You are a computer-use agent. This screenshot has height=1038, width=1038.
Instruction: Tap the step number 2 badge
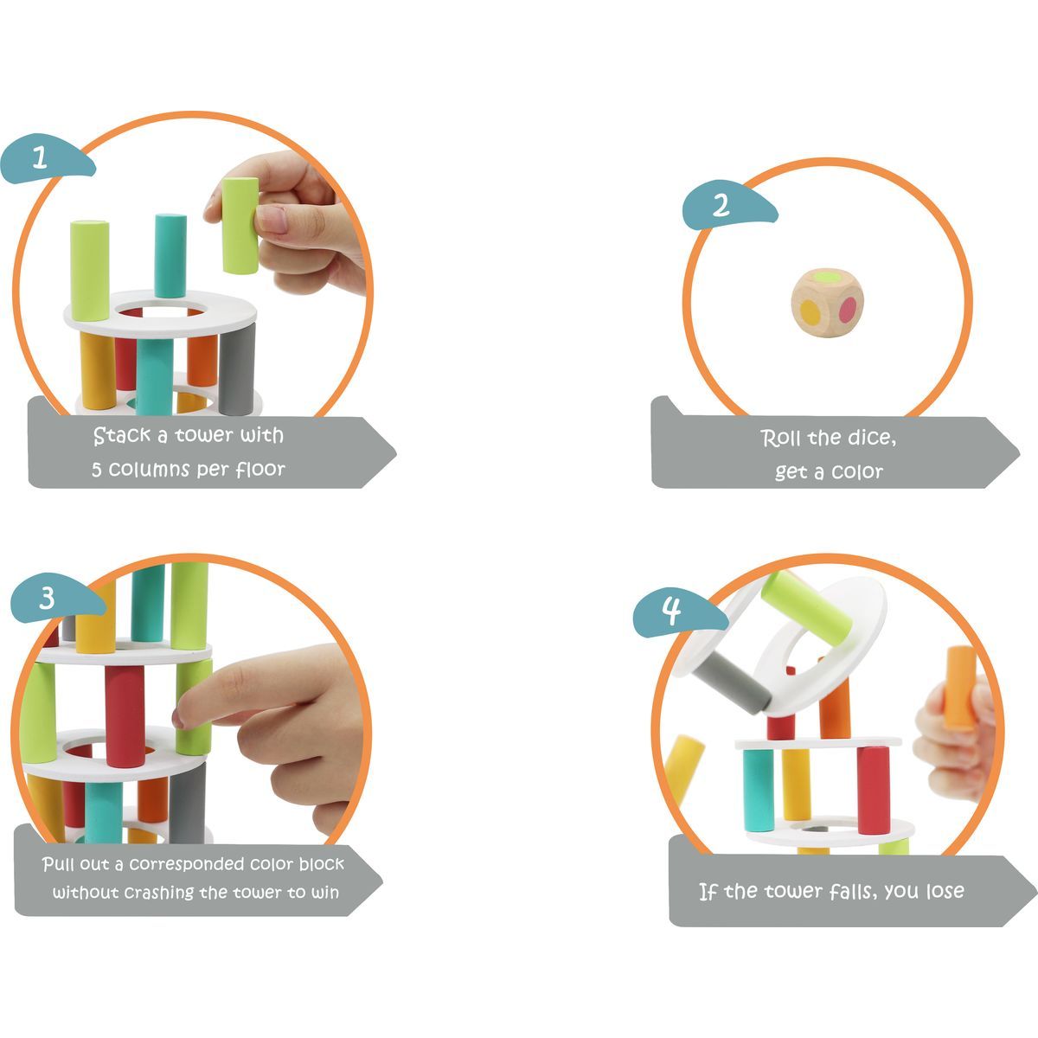pos(728,205)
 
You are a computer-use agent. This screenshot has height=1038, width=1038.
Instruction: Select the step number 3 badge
pos(55,598)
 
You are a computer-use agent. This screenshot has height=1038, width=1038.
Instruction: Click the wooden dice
pos(828,304)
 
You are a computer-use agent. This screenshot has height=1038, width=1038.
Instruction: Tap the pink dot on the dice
pos(848,310)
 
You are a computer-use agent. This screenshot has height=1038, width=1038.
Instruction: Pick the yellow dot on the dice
pos(811,312)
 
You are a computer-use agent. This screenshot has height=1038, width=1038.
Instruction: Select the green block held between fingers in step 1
pos(240,226)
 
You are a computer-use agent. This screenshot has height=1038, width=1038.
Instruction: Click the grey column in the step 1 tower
pos(237,369)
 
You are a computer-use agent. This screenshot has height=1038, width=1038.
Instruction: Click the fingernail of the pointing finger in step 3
pos(177,718)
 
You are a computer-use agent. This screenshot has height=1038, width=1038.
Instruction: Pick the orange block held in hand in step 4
pos(960,688)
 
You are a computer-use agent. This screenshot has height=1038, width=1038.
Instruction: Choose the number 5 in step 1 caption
pos(96,470)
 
